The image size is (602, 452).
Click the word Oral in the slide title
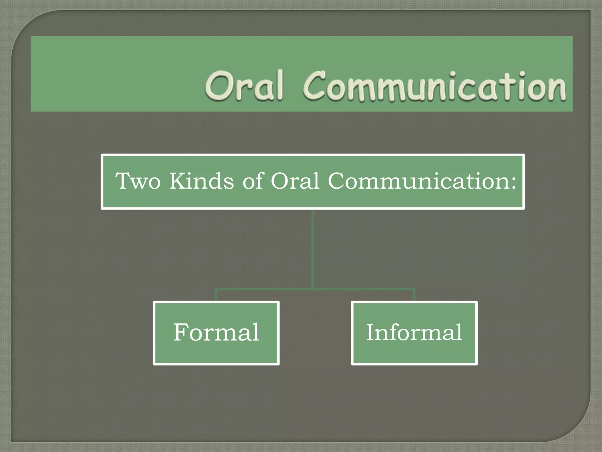tap(244, 86)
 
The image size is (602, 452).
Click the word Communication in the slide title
tap(434, 87)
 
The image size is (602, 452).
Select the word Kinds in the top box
tap(202, 181)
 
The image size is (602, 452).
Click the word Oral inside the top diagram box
tap(295, 181)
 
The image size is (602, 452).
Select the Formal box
tap(216, 333)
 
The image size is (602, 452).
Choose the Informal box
tap(414, 333)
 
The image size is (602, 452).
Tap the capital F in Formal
tap(181, 332)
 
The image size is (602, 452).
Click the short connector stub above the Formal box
tap(216, 295)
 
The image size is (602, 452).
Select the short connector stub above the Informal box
tap(414, 295)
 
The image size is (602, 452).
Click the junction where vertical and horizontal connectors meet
tap(313, 289)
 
